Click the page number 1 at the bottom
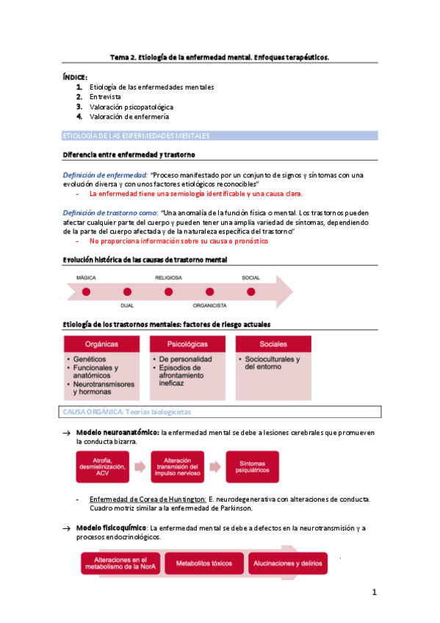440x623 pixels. click(x=374, y=592)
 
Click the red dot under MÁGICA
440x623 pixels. click(x=87, y=292)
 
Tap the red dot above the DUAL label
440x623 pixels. click(x=127, y=292)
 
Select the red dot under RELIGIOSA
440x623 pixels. click(x=168, y=292)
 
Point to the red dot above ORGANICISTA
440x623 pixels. click(x=209, y=292)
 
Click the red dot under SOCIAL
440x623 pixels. click(x=250, y=292)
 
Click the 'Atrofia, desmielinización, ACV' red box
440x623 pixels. click(x=109, y=466)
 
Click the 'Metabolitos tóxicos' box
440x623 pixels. click(x=203, y=563)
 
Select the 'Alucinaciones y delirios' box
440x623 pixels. click(x=286, y=563)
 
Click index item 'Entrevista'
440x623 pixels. click(x=106, y=97)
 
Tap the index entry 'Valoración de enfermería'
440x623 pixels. click(x=129, y=116)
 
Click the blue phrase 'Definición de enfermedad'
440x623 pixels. click(x=105, y=175)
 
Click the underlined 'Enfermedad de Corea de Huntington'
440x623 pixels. click(x=144, y=499)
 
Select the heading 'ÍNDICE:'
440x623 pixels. click(x=75, y=76)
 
